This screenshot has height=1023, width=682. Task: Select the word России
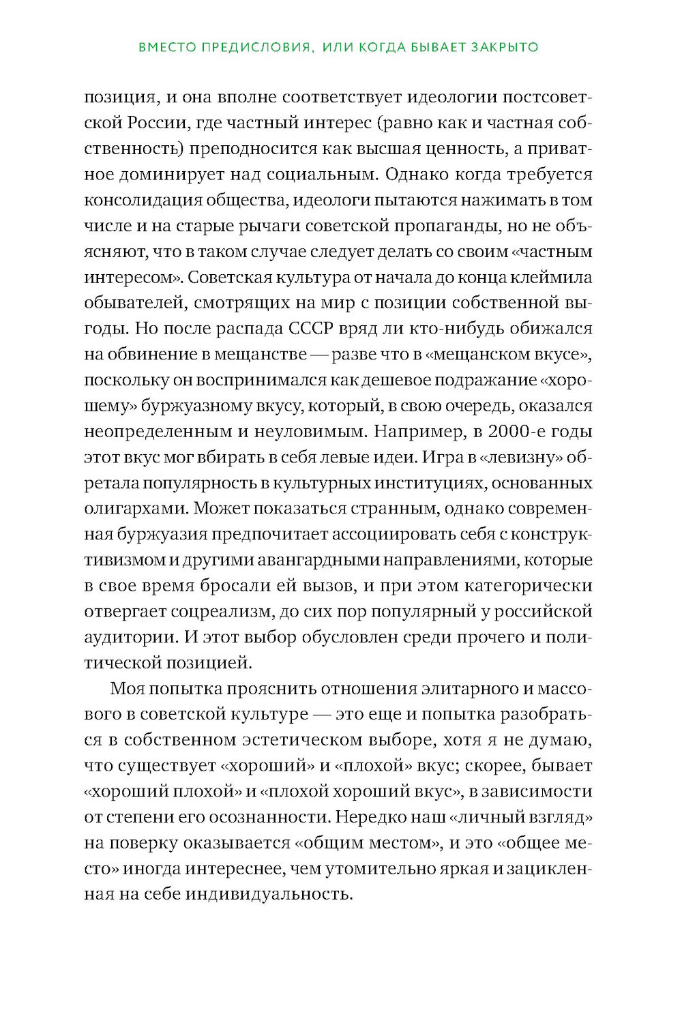click(158, 123)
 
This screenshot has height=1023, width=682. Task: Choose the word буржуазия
click(162, 535)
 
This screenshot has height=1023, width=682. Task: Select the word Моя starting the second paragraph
click(127, 689)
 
